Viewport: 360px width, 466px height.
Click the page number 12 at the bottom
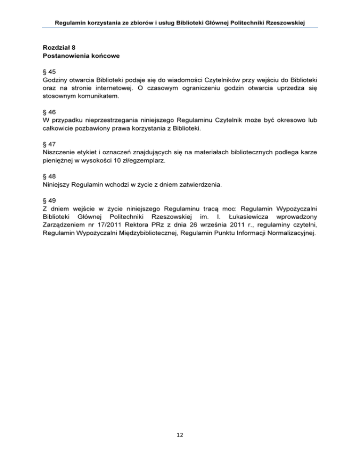(x=180, y=435)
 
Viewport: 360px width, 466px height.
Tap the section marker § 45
(x=49, y=72)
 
